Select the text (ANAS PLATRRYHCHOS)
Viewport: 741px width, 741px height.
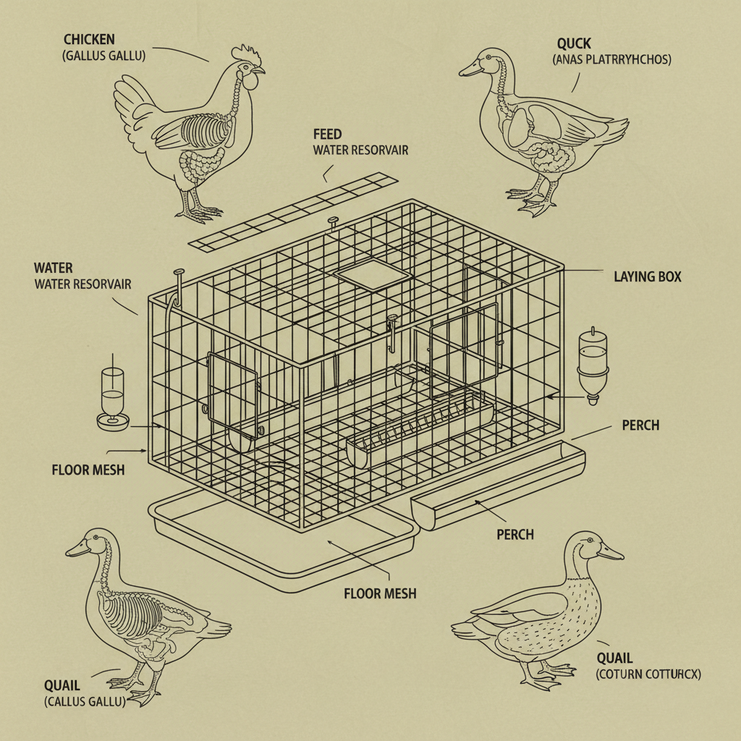tap(612, 59)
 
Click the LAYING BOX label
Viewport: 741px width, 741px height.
tap(647, 276)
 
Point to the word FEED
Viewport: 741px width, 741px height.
tap(327, 135)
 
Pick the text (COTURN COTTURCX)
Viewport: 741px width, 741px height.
tap(648, 674)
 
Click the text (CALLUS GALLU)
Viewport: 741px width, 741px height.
tap(85, 701)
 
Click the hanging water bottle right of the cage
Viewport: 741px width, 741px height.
tap(593, 365)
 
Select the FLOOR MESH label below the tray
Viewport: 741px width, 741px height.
tap(380, 593)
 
